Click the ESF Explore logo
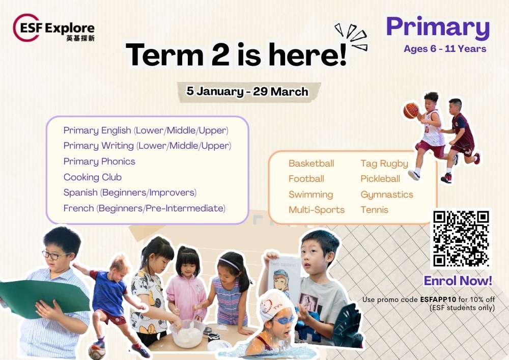click(54, 28)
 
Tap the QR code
click(461, 239)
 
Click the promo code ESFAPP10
click(438, 299)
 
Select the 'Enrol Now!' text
click(458, 281)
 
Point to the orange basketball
click(411, 110)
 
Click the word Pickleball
click(380, 179)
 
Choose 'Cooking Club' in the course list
click(93, 177)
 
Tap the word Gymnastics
click(387, 195)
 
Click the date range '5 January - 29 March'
click(247, 91)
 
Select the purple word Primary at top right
click(438, 28)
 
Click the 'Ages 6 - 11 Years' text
click(445, 49)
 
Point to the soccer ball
click(96, 351)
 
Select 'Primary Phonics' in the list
click(99, 161)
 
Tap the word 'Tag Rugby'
click(384, 163)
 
